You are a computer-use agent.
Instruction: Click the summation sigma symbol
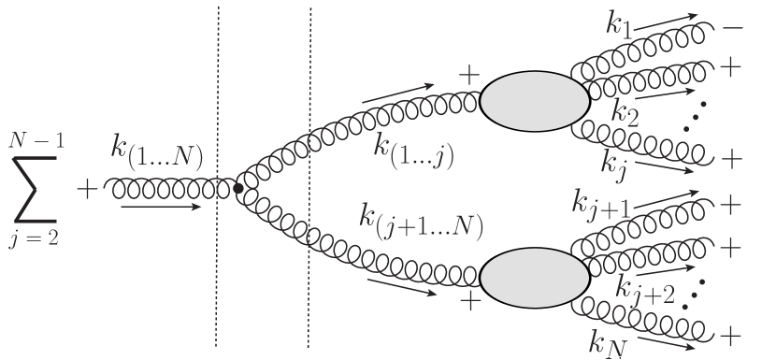36,190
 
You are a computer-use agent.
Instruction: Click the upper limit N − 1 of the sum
37,142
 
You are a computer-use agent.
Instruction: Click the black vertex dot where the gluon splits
237,190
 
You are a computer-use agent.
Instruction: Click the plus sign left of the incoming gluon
87,190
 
